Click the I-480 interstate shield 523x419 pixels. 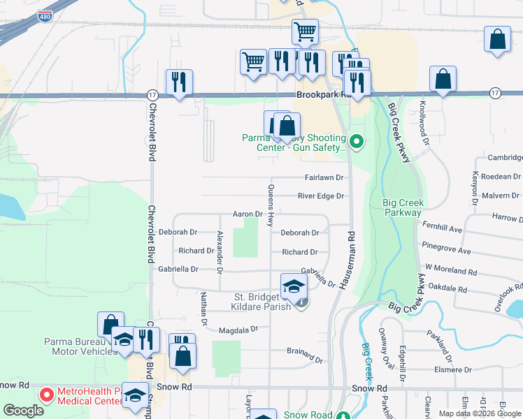[x=45, y=16]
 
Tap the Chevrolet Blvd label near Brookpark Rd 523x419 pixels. [x=151, y=133]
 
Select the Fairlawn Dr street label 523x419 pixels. [x=324, y=178]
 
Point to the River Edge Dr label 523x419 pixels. [x=322, y=196]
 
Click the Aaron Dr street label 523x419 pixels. [x=248, y=214]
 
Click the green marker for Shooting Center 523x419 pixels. [x=357, y=143]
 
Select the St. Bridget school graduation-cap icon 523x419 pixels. [x=294, y=286]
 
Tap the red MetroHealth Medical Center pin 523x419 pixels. [x=46, y=395]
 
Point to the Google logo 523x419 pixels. [x=24, y=411]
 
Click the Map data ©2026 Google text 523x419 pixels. [x=479, y=413]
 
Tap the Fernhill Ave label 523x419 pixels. [x=442, y=228]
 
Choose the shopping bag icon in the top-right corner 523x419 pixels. [x=497, y=41]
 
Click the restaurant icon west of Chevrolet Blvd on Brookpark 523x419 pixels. [x=179, y=83]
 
